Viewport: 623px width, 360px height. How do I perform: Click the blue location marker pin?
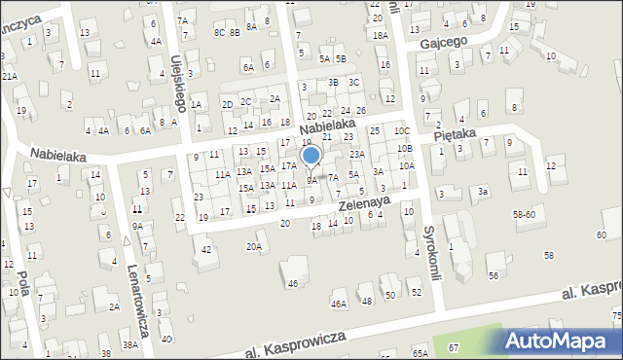coord(311,156)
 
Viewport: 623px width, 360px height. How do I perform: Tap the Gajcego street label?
coord(444,43)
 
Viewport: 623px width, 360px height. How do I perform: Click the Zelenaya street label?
coord(364,201)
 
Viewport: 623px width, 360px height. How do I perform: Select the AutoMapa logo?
coord(562,341)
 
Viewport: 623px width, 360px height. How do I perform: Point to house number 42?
coord(205,250)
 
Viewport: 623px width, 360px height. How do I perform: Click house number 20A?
coord(254,247)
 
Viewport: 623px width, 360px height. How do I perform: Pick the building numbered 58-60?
coord(525,213)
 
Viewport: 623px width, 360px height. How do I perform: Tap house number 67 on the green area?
coord(453,347)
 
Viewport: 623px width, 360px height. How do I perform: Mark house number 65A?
coord(420,353)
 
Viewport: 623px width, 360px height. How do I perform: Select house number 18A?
coord(380,35)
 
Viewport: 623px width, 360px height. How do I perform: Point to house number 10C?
coord(402,130)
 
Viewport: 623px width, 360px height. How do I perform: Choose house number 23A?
coord(357,154)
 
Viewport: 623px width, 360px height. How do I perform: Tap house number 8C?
coord(219,32)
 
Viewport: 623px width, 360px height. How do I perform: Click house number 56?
coord(494,275)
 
